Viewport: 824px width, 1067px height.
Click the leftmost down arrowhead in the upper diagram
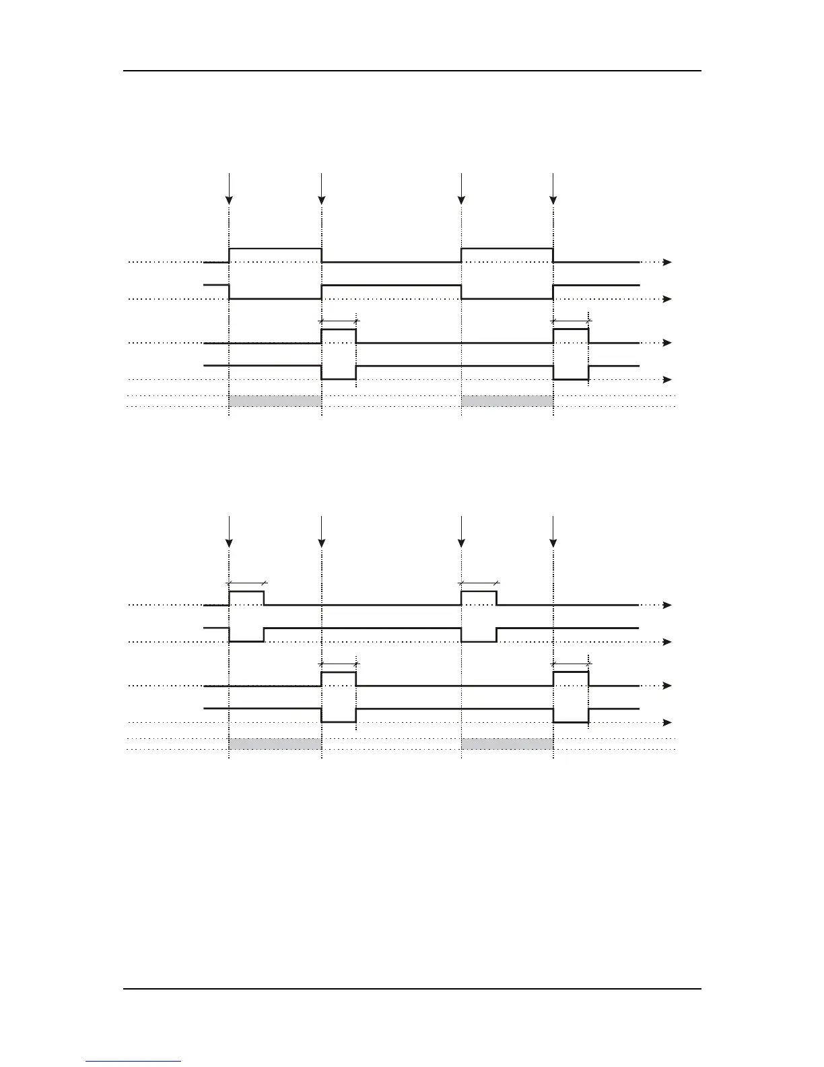pos(229,199)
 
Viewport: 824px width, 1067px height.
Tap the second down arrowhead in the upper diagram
pos(322,199)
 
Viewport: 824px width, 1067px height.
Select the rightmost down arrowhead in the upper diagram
pos(553,199)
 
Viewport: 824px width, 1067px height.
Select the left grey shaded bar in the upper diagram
pos(275,401)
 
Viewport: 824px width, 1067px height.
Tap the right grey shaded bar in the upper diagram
pos(507,401)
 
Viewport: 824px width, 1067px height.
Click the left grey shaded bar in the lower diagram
pos(275,744)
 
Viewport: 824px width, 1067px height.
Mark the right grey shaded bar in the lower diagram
pos(507,744)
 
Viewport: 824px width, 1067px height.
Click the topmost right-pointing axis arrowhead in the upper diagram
pos(667,262)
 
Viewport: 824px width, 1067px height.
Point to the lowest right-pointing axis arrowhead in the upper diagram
pos(667,379)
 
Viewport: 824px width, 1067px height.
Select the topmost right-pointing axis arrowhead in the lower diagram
pos(667,605)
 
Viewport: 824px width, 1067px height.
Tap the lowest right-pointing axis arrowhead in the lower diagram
pos(667,722)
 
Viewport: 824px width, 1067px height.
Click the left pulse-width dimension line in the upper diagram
pos(339,321)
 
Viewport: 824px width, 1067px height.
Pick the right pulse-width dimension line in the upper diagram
pos(571,321)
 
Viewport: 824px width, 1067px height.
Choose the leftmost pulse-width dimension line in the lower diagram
pos(246,583)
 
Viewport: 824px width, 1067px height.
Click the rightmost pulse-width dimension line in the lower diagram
pos(571,664)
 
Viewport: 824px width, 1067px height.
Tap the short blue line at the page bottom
pos(133,1061)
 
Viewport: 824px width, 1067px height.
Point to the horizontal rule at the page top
pos(412,71)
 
